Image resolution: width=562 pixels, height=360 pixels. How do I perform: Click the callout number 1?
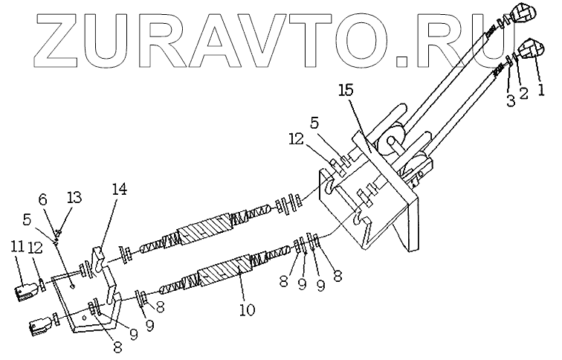point(541,91)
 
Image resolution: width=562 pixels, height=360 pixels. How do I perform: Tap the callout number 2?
point(523,94)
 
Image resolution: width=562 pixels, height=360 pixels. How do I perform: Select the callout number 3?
point(509,100)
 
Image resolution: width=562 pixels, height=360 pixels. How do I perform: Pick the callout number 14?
point(118,190)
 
